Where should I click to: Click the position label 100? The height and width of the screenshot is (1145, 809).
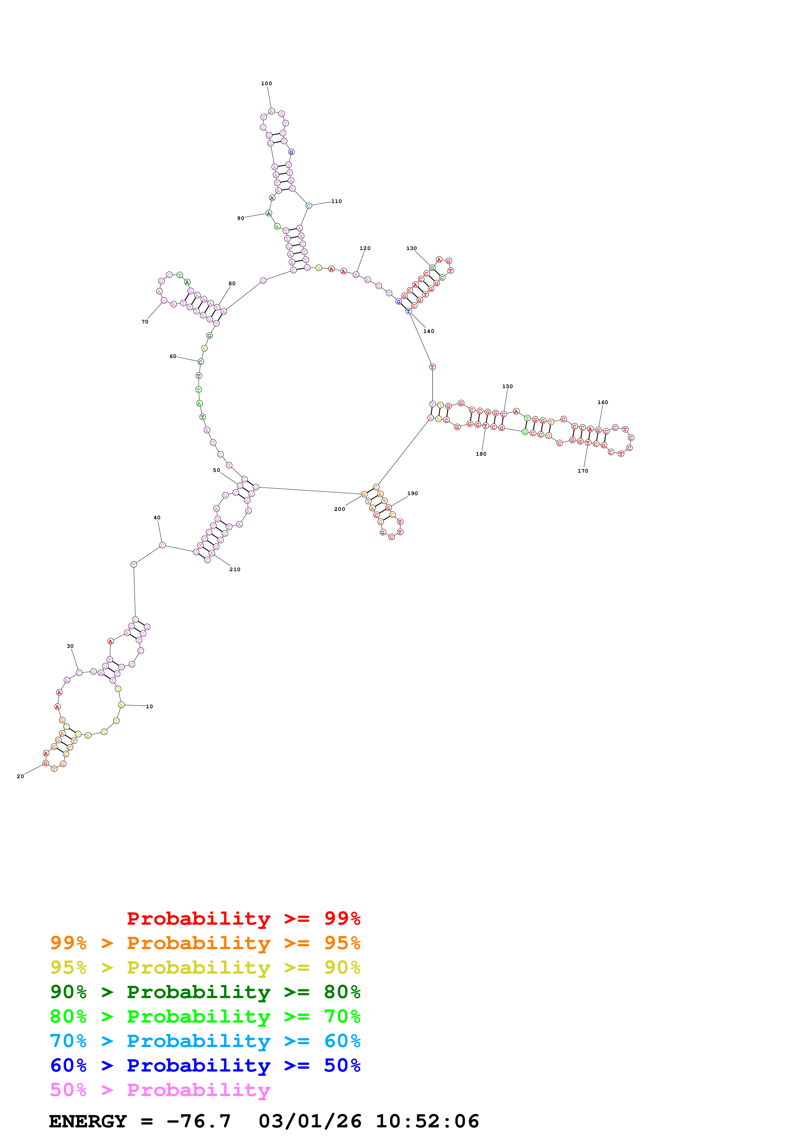click(x=267, y=83)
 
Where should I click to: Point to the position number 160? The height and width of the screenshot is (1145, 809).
click(x=603, y=402)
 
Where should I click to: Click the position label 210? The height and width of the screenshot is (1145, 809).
click(x=235, y=570)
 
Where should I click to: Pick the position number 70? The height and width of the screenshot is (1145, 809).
click(x=145, y=322)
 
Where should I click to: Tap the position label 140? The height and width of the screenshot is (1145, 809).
click(x=429, y=331)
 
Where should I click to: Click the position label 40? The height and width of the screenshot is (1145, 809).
click(x=157, y=518)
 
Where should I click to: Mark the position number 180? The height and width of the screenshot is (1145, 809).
click(x=481, y=454)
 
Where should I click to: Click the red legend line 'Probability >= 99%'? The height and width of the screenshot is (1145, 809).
click(x=243, y=918)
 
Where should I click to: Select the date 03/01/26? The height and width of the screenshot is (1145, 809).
click(x=310, y=1121)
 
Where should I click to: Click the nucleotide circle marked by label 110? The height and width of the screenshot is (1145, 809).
click(x=308, y=205)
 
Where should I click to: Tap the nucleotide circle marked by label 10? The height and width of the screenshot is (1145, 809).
click(x=121, y=705)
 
